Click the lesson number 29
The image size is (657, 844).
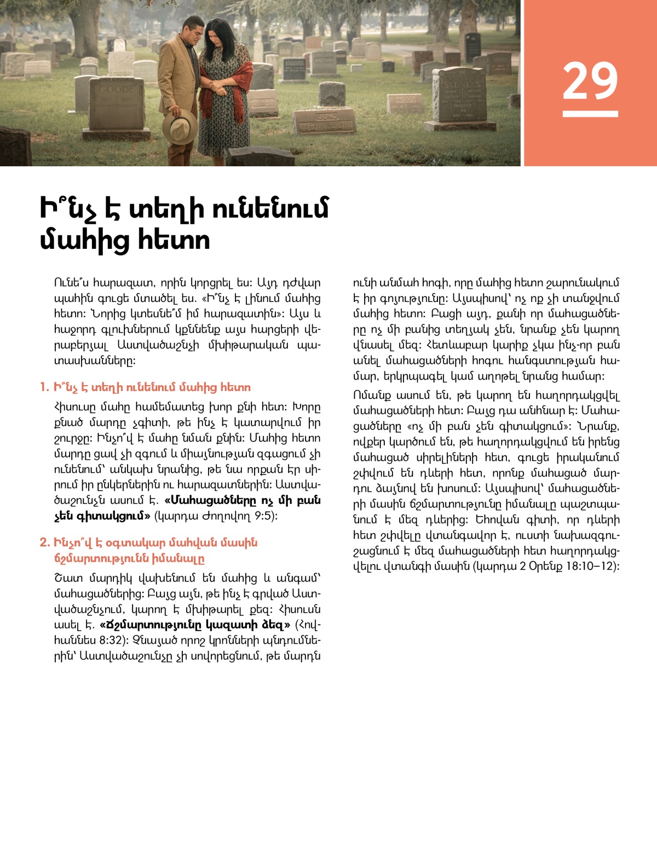[x=590, y=81]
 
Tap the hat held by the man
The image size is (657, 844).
[x=180, y=125]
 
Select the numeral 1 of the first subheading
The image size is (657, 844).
[x=44, y=387]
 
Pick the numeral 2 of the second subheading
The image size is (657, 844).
[x=44, y=543]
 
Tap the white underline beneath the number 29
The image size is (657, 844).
[x=590, y=114]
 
